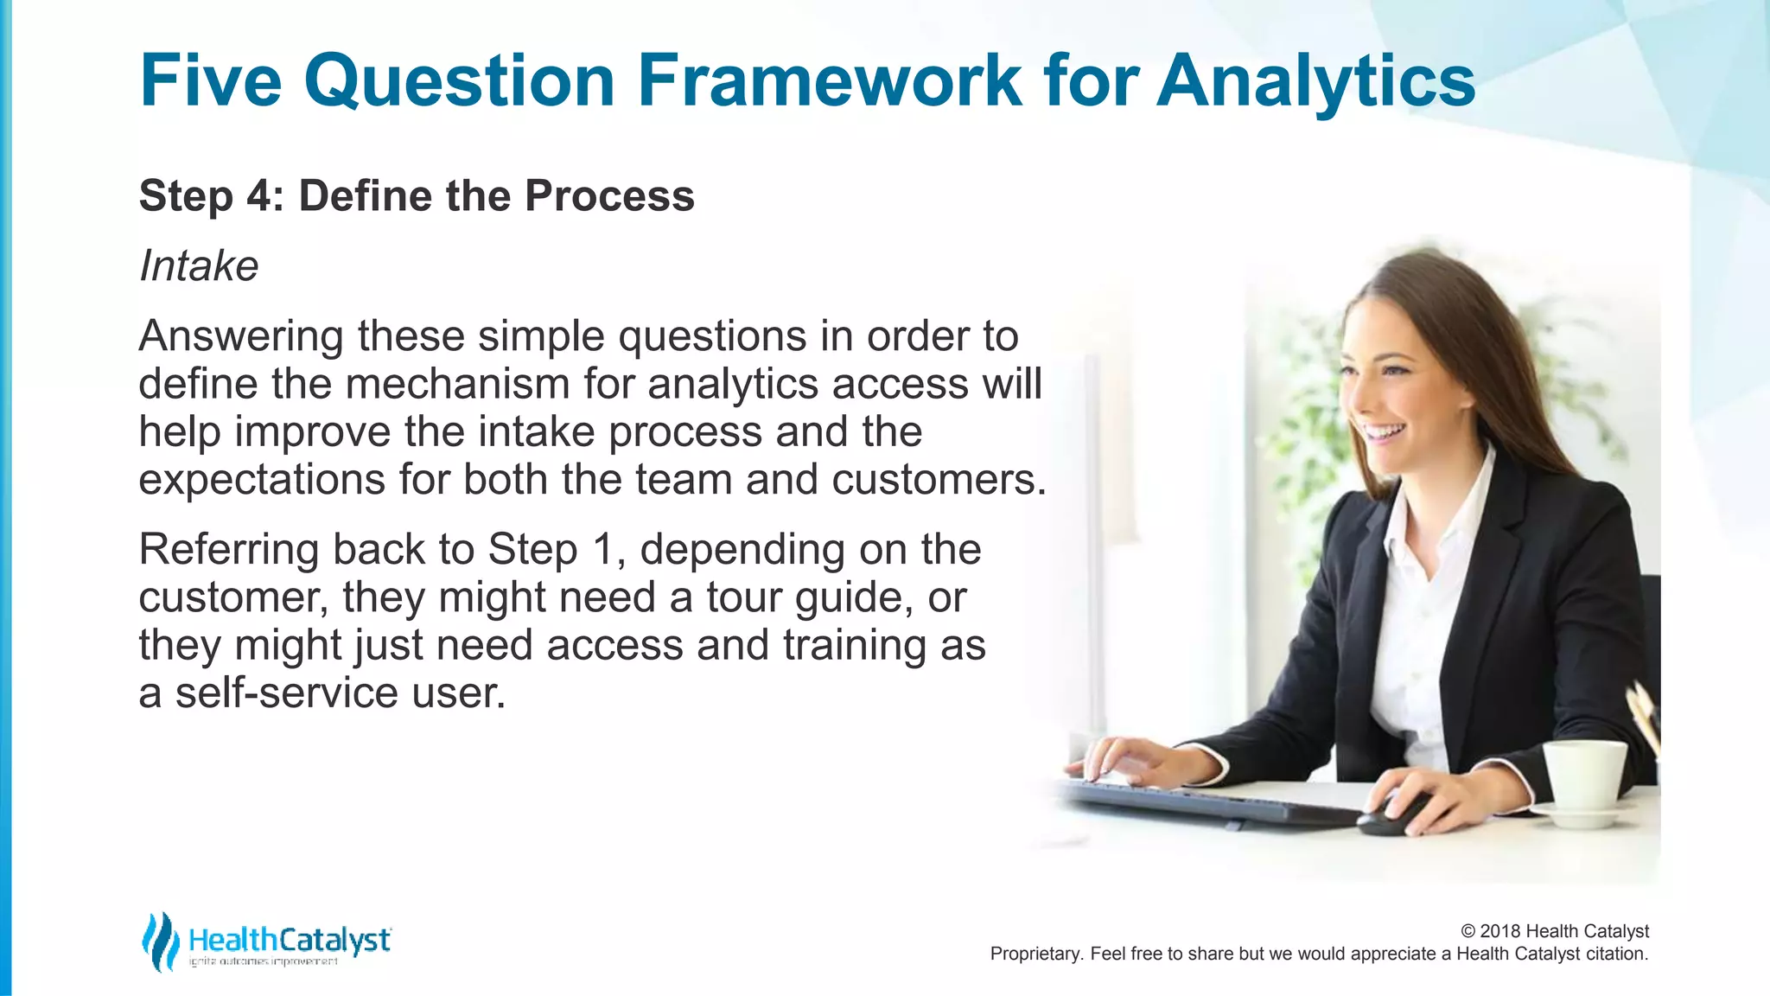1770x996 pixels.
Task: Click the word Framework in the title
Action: click(830, 80)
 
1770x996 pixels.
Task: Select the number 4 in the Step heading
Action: click(258, 196)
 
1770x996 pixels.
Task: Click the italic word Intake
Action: click(199, 266)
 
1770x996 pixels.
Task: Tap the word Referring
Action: click(228, 550)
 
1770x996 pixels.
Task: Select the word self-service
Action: click(286, 693)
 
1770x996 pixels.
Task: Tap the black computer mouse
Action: click(1393, 816)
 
